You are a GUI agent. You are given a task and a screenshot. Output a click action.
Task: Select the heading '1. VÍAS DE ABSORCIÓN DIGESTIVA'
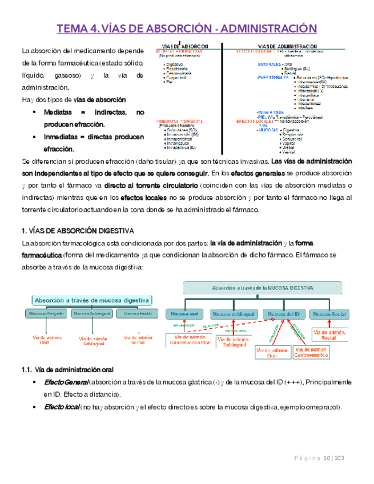pos(78,231)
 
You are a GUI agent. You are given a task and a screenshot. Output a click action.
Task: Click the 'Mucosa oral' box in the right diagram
pos(182,314)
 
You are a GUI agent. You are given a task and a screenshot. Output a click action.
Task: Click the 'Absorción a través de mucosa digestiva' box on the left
pos(92,300)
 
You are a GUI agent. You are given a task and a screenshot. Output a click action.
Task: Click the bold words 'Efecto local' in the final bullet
pos(62,407)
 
